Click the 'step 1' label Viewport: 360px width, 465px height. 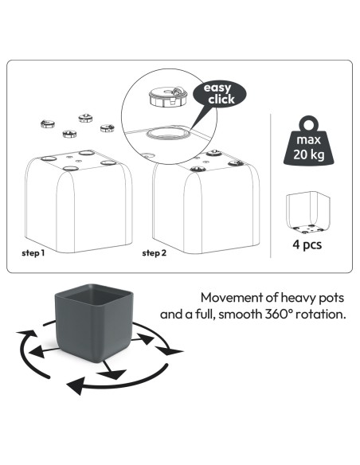(x=33, y=253)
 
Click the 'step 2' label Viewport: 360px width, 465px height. (x=155, y=253)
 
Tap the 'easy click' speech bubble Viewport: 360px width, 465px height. (x=220, y=94)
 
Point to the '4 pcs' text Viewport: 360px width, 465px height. (x=307, y=244)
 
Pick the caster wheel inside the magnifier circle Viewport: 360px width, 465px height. (x=168, y=96)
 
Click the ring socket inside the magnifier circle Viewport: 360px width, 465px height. (x=168, y=133)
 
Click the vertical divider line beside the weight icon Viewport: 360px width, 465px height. (x=271, y=186)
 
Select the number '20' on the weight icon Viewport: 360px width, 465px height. (x=300, y=154)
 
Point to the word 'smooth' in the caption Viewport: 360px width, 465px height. (x=241, y=314)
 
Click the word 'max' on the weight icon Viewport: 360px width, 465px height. (x=309, y=139)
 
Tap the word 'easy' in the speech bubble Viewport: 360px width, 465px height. (x=217, y=88)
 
